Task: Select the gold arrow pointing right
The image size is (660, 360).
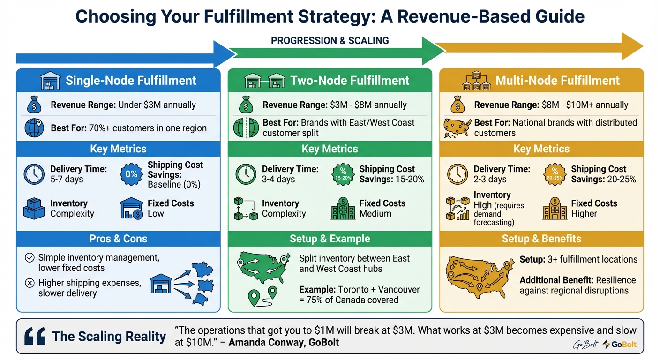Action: click(539, 46)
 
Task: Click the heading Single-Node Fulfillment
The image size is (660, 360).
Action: click(131, 81)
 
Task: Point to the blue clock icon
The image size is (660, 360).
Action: click(34, 174)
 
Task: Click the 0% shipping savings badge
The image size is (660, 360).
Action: click(132, 174)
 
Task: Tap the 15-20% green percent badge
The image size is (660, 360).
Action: click(343, 174)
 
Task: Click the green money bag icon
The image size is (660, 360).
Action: click(246, 105)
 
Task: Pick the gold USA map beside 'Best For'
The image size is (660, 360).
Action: click(457, 127)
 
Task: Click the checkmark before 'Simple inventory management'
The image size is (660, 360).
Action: click(29, 258)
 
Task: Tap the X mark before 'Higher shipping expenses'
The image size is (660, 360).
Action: click(29, 283)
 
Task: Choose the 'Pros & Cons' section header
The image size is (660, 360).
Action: click(118, 239)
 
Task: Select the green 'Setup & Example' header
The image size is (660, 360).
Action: click(330, 239)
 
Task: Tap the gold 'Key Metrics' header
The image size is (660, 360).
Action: click(541, 149)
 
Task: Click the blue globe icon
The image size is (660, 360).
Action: click(34, 127)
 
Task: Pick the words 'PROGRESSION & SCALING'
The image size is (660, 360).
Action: click(330, 41)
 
